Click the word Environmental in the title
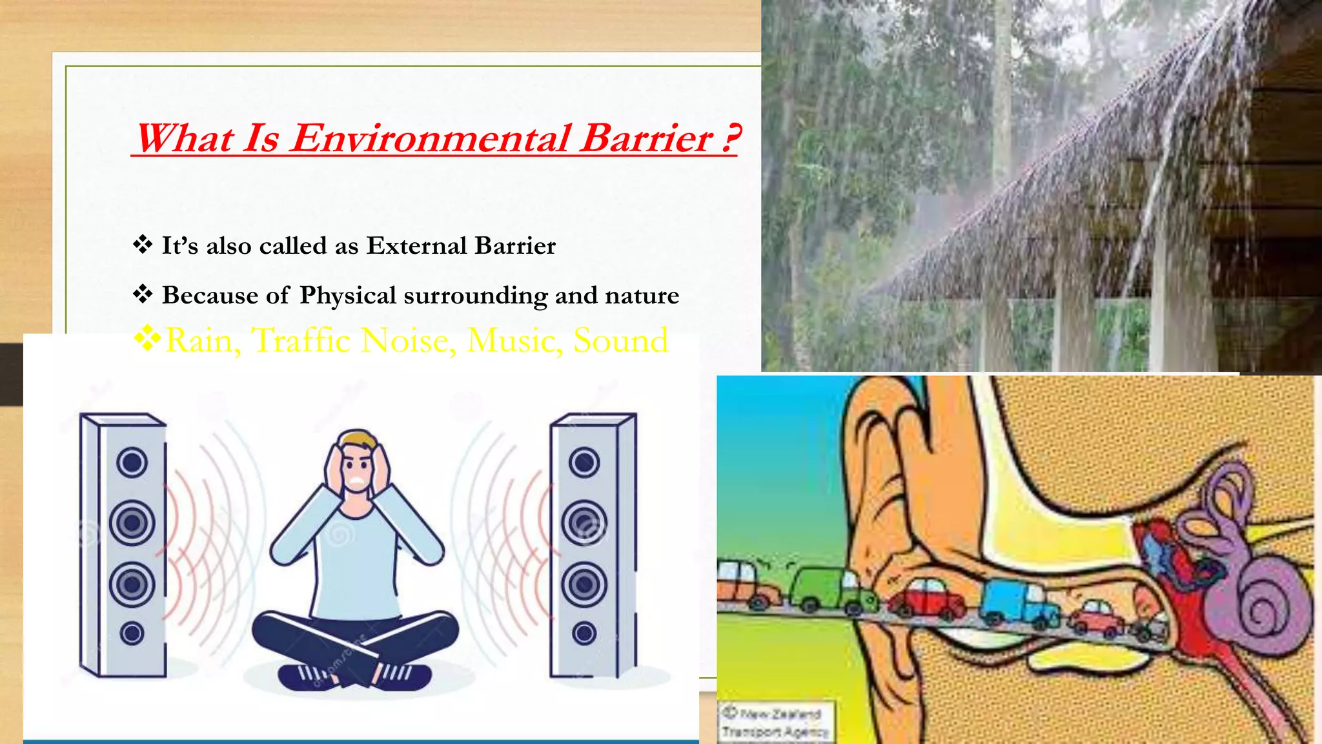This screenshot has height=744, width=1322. tap(429, 138)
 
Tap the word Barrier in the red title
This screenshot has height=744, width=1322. tap(646, 138)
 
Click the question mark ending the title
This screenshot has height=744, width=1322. tap(730, 138)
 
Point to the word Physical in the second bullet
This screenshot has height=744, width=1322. tap(348, 296)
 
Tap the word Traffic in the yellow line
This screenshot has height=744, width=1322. tap(301, 340)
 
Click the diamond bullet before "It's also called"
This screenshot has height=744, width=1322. tap(143, 245)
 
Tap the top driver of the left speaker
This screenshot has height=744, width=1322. tap(132, 462)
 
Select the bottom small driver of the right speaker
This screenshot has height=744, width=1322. tap(584, 633)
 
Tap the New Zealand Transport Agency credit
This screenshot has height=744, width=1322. tap(775, 723)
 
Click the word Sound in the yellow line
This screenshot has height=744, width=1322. tap(620, 340)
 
